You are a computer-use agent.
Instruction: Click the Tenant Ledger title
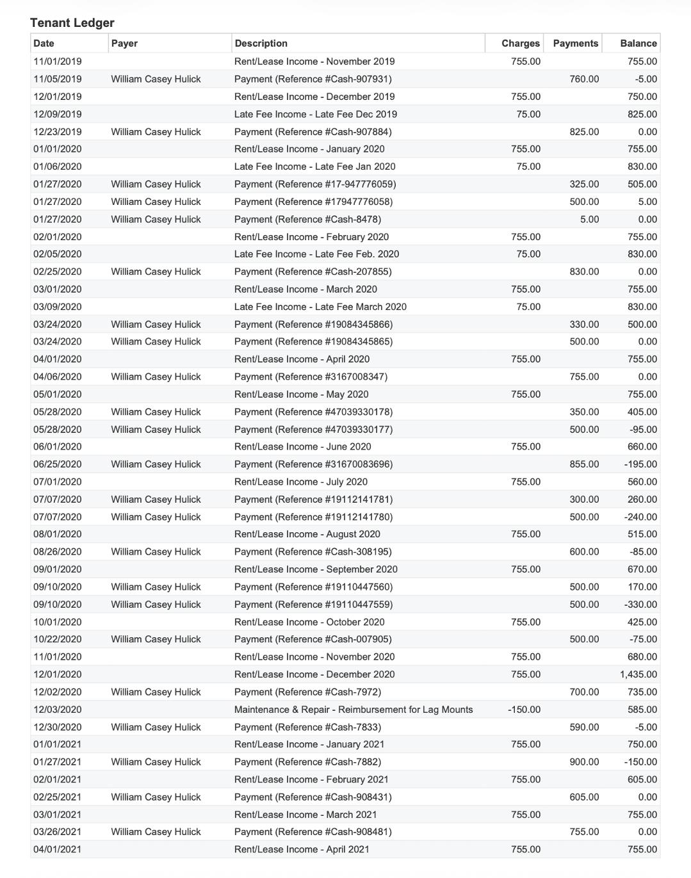click(x=72, y=23)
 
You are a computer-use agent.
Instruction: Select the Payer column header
click(x=124, y=44)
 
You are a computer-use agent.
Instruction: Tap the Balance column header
click(x=638, y=44)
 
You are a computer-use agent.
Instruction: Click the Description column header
click(x=261, y=44)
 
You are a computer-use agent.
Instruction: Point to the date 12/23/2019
click(x=58, y=132)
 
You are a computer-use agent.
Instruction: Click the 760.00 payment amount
click(x=584, y=79)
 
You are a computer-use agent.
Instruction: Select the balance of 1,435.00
click(x=638, y=674)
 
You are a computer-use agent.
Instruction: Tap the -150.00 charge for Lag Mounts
click(x=524, y=710)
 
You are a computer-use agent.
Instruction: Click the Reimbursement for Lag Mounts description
click(x=354, y=710)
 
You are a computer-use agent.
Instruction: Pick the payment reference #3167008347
click(x=311, y=377)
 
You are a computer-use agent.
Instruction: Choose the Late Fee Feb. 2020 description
click(x=316, y=254)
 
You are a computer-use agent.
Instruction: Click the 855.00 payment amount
click(x=584, y=464)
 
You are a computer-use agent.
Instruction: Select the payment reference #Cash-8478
click(x=307, y=219)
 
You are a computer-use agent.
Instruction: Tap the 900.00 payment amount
click(x=584, y=762)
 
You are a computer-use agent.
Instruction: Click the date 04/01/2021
click(x=58, y=849)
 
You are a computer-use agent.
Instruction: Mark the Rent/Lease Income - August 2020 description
click(x=307, y=534)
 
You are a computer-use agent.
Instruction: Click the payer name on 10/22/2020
click(x=156, y=639)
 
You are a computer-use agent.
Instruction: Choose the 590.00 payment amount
click(x=584, y=727)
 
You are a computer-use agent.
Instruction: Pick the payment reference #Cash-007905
click(x=313, y=639)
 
